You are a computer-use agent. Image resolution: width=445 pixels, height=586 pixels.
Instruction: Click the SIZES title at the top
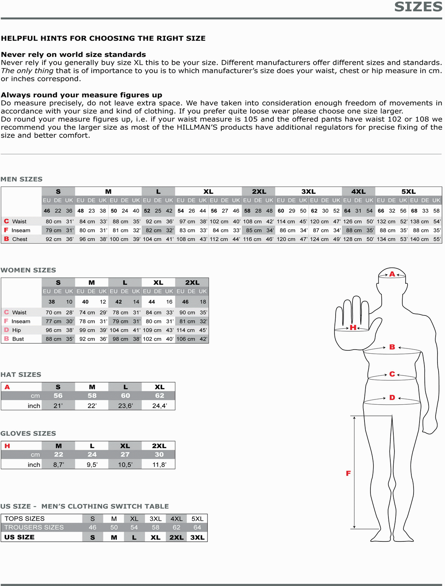coord(418,7)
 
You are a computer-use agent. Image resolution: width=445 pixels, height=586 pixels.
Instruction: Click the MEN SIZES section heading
coord(21,179)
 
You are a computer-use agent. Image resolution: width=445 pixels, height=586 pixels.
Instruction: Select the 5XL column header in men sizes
coord(408,191)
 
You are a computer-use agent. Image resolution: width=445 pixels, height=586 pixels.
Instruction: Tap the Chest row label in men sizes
coord(19,239)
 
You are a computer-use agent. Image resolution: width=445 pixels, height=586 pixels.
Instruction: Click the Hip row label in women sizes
coord(16,330)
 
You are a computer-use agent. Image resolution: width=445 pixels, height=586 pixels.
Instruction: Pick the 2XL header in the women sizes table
coord(192,283)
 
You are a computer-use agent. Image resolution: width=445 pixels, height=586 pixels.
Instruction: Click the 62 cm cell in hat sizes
coord(160,396)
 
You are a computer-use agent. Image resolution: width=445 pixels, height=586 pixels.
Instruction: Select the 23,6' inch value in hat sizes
coord(125,405)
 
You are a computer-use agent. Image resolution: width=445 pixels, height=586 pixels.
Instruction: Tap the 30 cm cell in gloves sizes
coord(159,454)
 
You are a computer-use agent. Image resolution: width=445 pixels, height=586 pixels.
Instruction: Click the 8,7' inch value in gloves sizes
coord(58,465)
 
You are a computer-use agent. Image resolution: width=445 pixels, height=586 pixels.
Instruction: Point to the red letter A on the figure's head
coord(392,274)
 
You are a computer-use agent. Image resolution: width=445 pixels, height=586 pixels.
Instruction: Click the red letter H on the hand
coord(353,327)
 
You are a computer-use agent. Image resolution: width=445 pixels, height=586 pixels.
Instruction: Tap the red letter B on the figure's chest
coord(392,347)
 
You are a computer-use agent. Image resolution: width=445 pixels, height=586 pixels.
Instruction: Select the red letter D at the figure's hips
coord(392,398)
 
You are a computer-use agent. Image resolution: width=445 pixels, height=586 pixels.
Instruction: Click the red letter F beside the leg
coord(348,473)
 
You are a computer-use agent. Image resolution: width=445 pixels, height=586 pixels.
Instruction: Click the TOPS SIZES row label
coord(25,519)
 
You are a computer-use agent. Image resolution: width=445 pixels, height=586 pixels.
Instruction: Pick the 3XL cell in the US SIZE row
coord(197,537)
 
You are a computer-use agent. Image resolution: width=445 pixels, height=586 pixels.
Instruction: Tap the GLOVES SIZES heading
coord(28,434)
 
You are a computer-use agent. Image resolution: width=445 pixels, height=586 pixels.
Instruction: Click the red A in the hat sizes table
coord(7,387)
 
